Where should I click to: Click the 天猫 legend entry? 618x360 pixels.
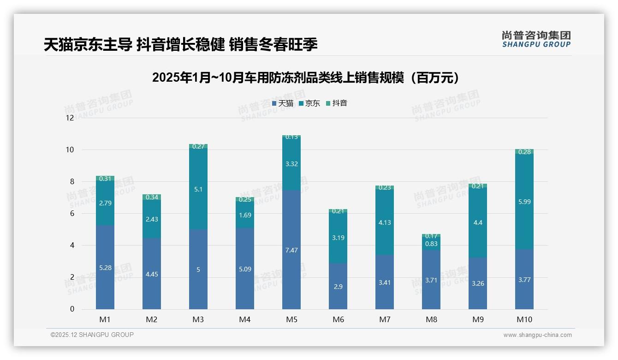[x=283, y=103]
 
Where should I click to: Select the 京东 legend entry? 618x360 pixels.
[x=309, y=103]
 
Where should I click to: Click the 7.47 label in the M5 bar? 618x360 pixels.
[x=291, y=250]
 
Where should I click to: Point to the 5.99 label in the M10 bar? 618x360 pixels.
[x=524, y=202]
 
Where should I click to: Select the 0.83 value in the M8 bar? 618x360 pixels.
[x=431, y=244]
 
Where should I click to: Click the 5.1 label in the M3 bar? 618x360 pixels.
[x=198, y=189]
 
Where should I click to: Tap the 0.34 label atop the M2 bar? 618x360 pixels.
[x=152, y=198]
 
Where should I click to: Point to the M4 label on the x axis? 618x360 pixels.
[x=245, y=319]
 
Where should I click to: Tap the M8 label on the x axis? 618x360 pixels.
[x=431, y=319]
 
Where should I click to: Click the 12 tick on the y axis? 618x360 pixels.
[x=70, y=118]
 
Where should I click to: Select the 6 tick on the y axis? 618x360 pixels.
[x=71, y=214]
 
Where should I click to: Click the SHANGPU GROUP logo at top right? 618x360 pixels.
[x=536, y=39]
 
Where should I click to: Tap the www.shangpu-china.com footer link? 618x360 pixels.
[x=537, y=335]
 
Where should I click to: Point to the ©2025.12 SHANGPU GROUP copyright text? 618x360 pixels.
[x=92, y=335]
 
